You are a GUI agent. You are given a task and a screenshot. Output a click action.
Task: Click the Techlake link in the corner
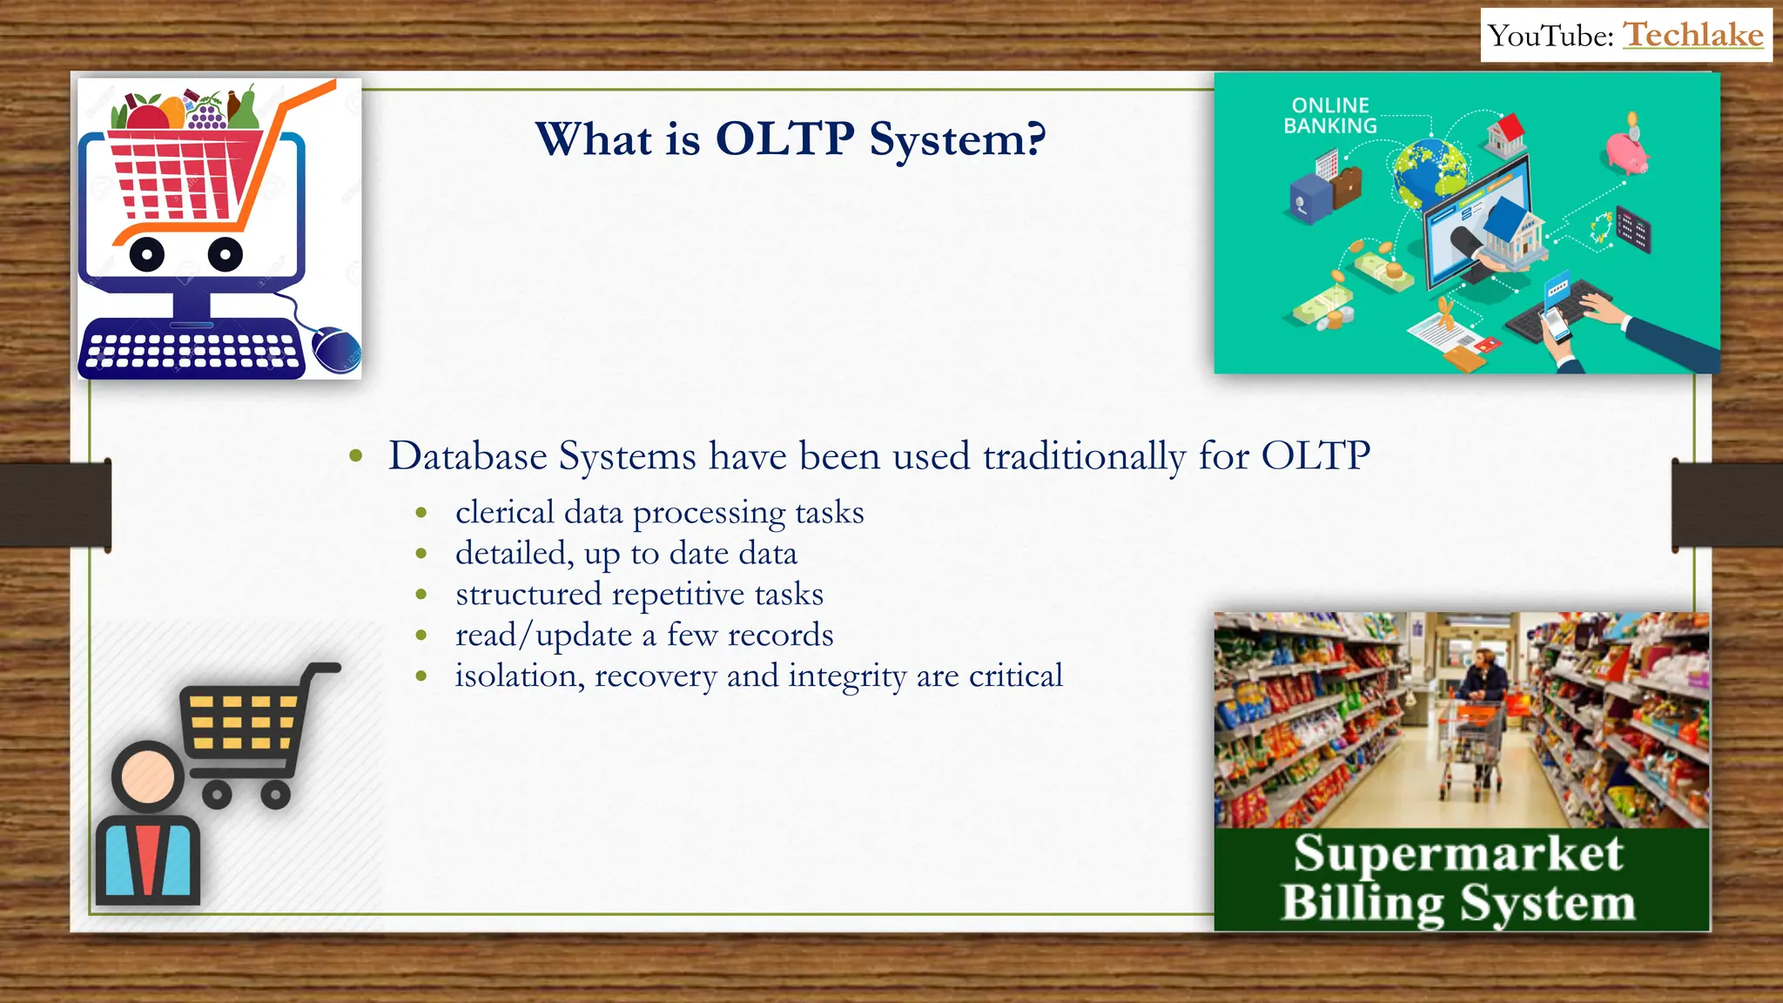[1693, 36]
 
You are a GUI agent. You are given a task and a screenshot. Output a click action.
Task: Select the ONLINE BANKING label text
[1330, 116]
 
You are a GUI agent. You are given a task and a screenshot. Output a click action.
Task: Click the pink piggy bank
[1625, 151]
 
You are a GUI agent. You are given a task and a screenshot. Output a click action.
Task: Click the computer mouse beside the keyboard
[336, 350]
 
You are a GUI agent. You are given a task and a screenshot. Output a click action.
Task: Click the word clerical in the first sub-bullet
[505, 512]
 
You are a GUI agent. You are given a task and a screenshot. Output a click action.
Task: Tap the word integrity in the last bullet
[847, 677]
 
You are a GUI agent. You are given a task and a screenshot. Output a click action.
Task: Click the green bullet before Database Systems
[355, 455]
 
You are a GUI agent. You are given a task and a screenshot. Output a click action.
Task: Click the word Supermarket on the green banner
[1458, 853]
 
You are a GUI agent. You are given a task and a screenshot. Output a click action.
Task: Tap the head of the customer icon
[148, 775]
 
